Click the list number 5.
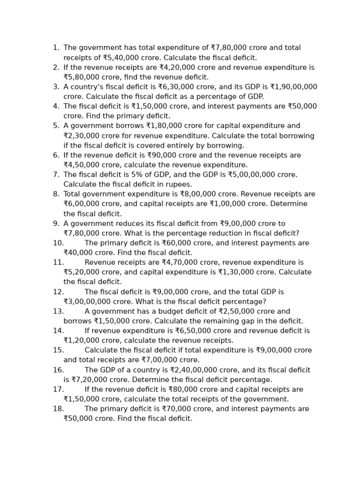[56, 126]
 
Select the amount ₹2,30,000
[81, 136]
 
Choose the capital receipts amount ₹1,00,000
[227, 204]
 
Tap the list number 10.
[58, 243]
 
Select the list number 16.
[58, 370]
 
